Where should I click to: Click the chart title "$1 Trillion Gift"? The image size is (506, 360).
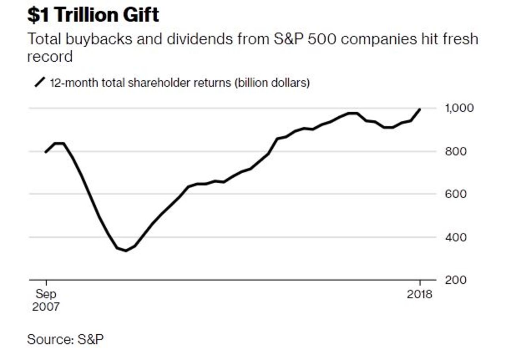[x=93, y=15]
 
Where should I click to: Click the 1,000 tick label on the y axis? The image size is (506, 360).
[x=459, y=108]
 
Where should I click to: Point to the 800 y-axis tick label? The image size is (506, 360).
[x=455, y=151]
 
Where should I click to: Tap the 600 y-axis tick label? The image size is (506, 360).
[x=455, y=194]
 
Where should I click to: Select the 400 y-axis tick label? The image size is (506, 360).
[x=455, y=237]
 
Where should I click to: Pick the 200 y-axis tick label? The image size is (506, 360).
[x=455, y=280]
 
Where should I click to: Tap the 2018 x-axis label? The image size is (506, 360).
[x=419, y=295]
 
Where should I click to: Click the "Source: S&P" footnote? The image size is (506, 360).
[x=65, y=339]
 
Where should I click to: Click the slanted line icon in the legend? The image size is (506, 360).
[x=40, y=82]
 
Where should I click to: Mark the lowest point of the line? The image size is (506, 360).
[x=126, y=250]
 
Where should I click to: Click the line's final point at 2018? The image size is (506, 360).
[x=419, y=109]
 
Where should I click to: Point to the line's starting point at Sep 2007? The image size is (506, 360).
[x=46, y=152]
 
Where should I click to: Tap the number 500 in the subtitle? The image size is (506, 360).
[x=320, y=39]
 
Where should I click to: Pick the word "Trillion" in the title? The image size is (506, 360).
[x=82, y=15]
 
